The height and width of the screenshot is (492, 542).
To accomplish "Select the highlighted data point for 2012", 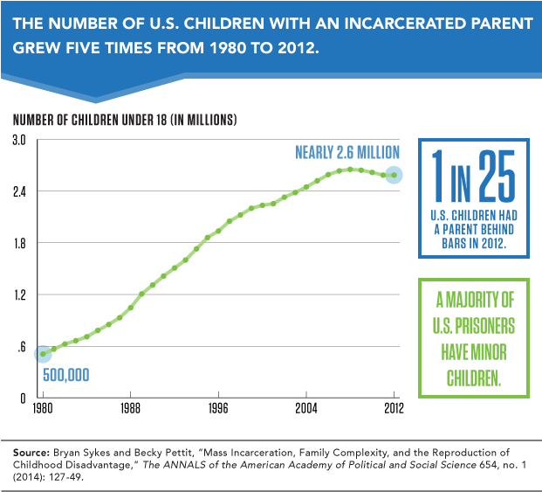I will click(x=394, y=175).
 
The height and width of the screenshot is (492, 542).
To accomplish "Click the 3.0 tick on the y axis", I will click(x=19, y=140).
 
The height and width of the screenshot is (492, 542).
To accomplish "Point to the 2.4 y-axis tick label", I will click(x=19, y=191).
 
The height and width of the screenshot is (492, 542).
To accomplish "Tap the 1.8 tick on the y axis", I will click(x=19, y=243).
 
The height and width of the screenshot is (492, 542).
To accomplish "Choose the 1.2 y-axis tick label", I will click(x=19, y=295).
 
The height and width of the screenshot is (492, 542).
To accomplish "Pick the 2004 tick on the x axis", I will click(x=306, y=408).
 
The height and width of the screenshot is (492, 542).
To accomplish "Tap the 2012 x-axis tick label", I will click(x=393, y=408).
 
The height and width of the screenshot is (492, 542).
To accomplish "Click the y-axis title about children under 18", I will click(x=126, y=120).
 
